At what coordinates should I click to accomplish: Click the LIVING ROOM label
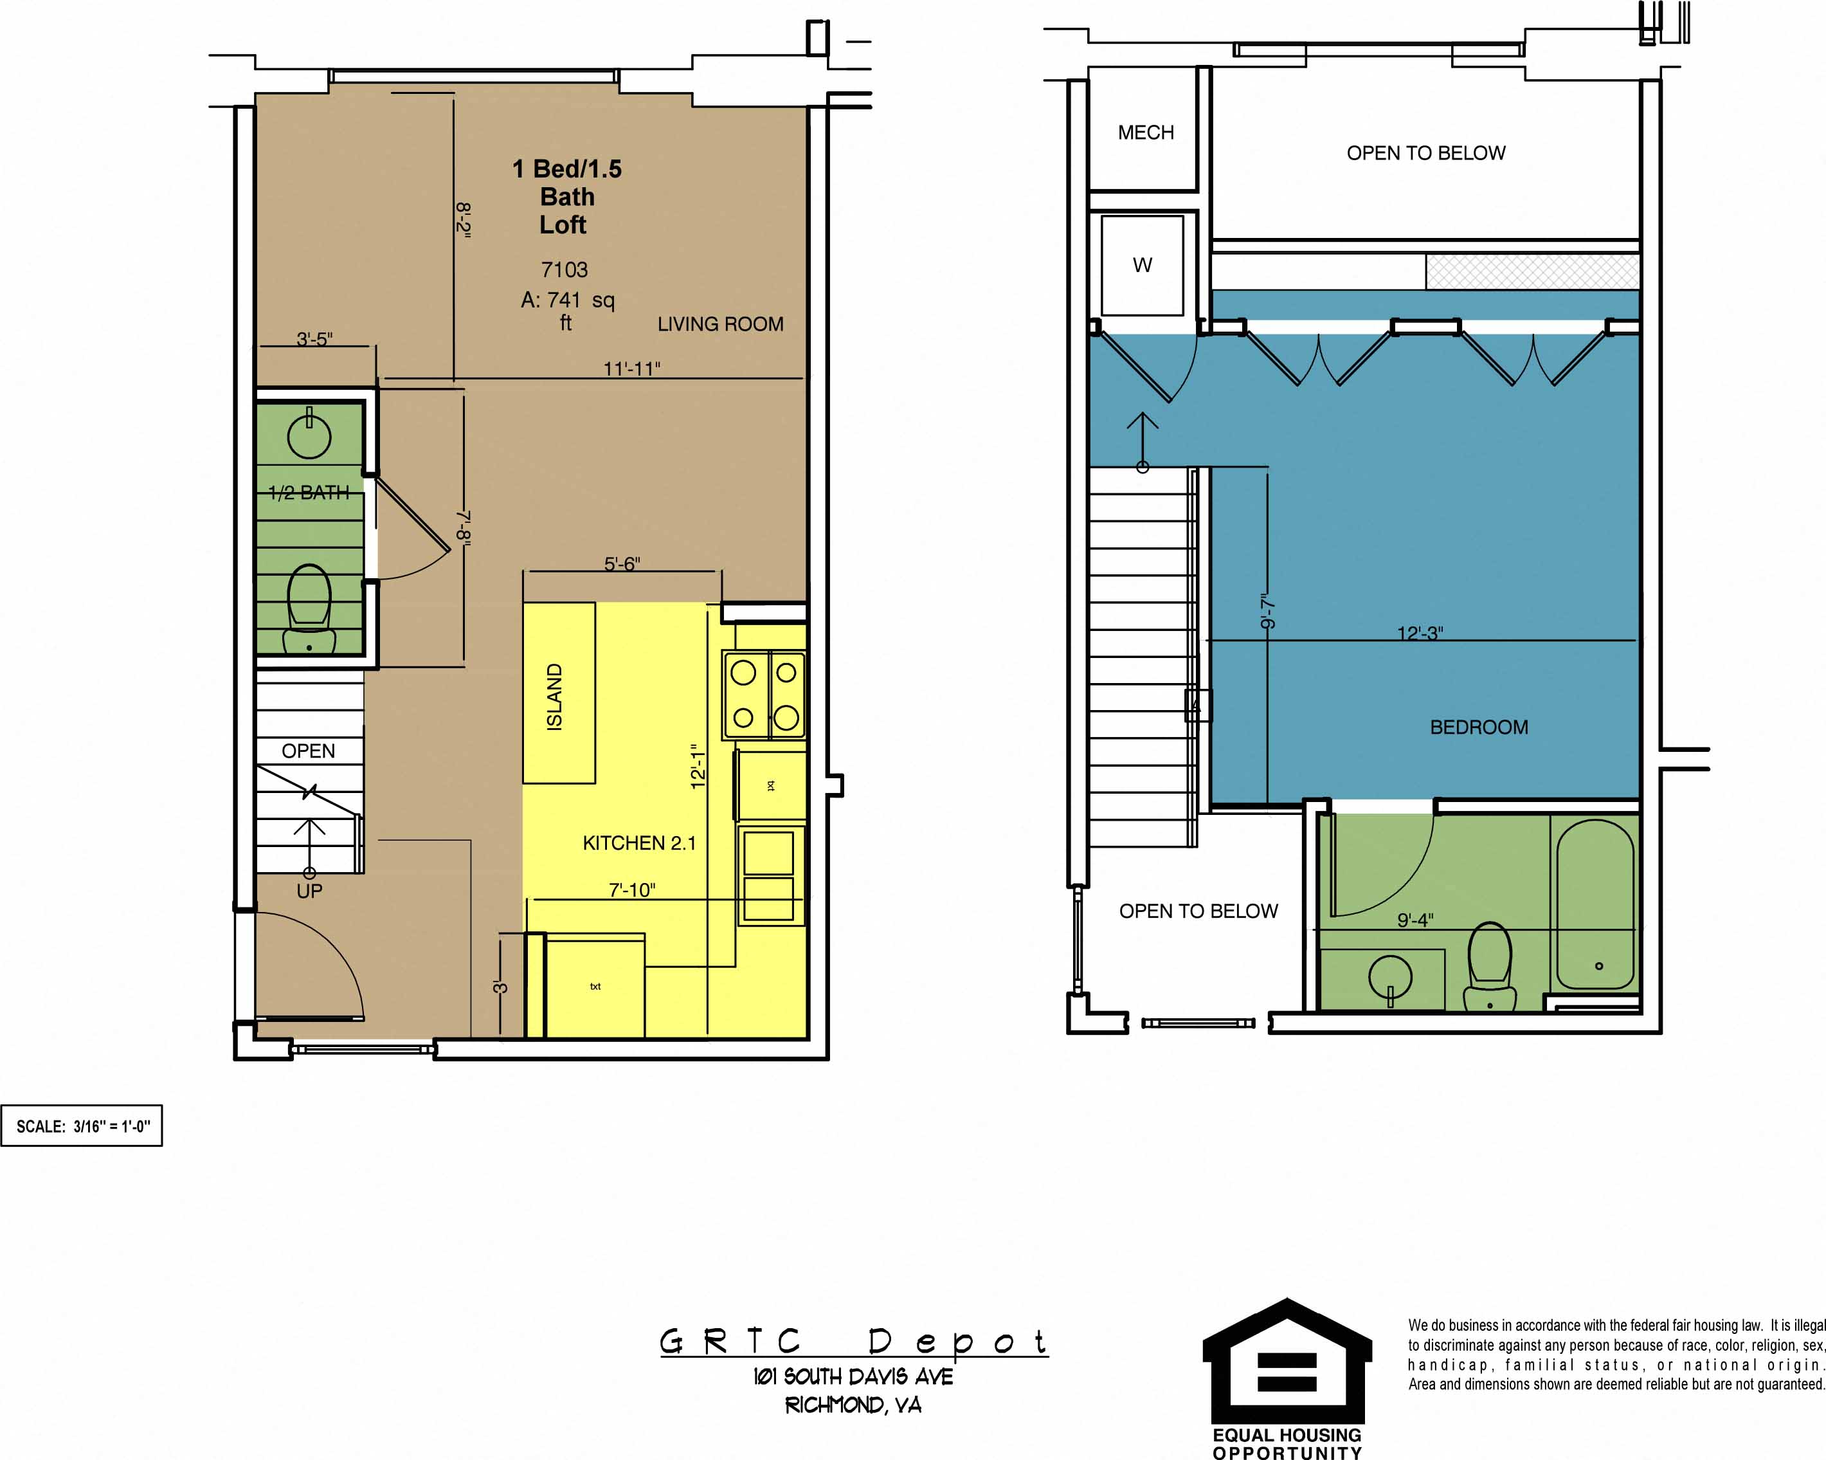click(x=720, y=324)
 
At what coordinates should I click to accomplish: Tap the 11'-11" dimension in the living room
click(x=631, y=369)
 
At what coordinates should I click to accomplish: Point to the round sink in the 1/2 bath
click(x=309, y=435)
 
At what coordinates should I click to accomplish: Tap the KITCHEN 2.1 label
click(x=638, y=843)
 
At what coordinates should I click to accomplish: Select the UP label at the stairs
click(x=309, y=891)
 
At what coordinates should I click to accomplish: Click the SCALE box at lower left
click(x=82, y=1126)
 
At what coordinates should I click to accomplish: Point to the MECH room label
click(x=1145, y=133)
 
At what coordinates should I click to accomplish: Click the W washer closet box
click(x=1142, y=265)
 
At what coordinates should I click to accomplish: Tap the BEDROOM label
click(x=1479, y=727)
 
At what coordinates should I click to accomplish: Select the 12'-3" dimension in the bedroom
click(x=1420, y=633)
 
